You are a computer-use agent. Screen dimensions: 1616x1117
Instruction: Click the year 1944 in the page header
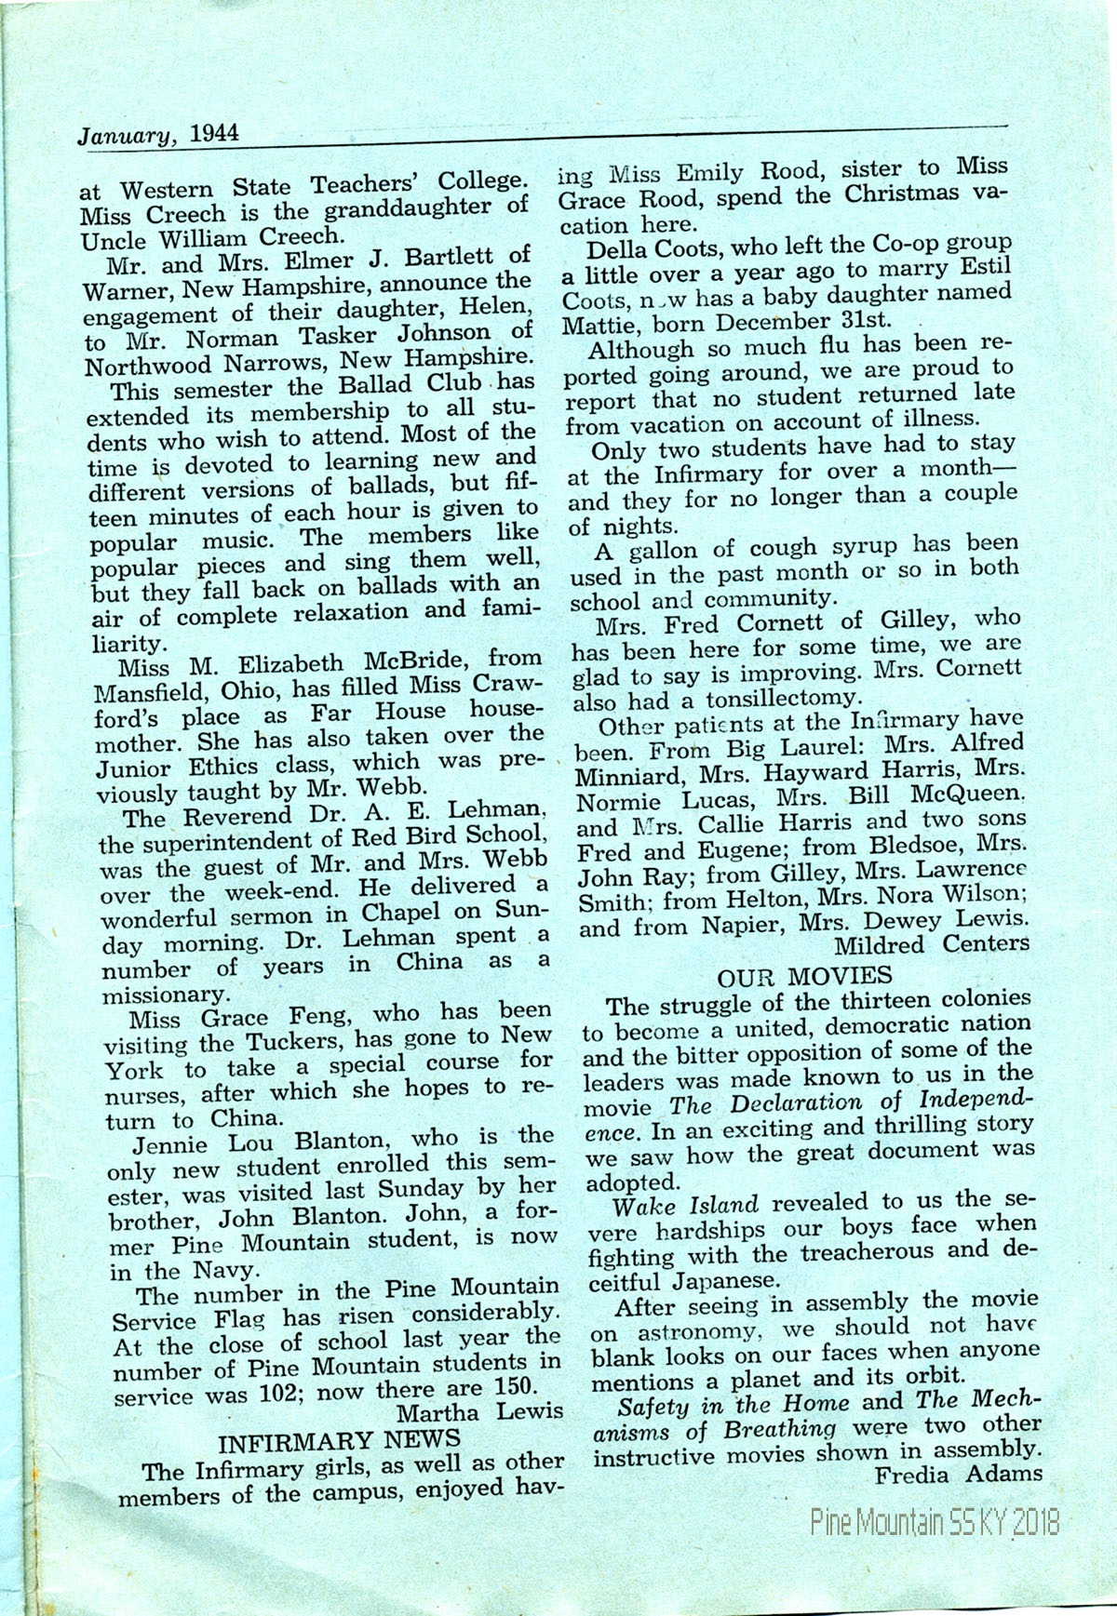(x=213, y=133)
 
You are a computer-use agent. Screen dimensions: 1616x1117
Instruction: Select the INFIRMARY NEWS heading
(x=339, y=1443)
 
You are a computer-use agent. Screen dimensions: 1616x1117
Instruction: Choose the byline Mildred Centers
(x=931, y=945)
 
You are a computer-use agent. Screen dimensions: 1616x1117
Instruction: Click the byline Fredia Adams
(x=959, y=1474)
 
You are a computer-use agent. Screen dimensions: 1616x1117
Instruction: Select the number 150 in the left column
(x=512, y=1386)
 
